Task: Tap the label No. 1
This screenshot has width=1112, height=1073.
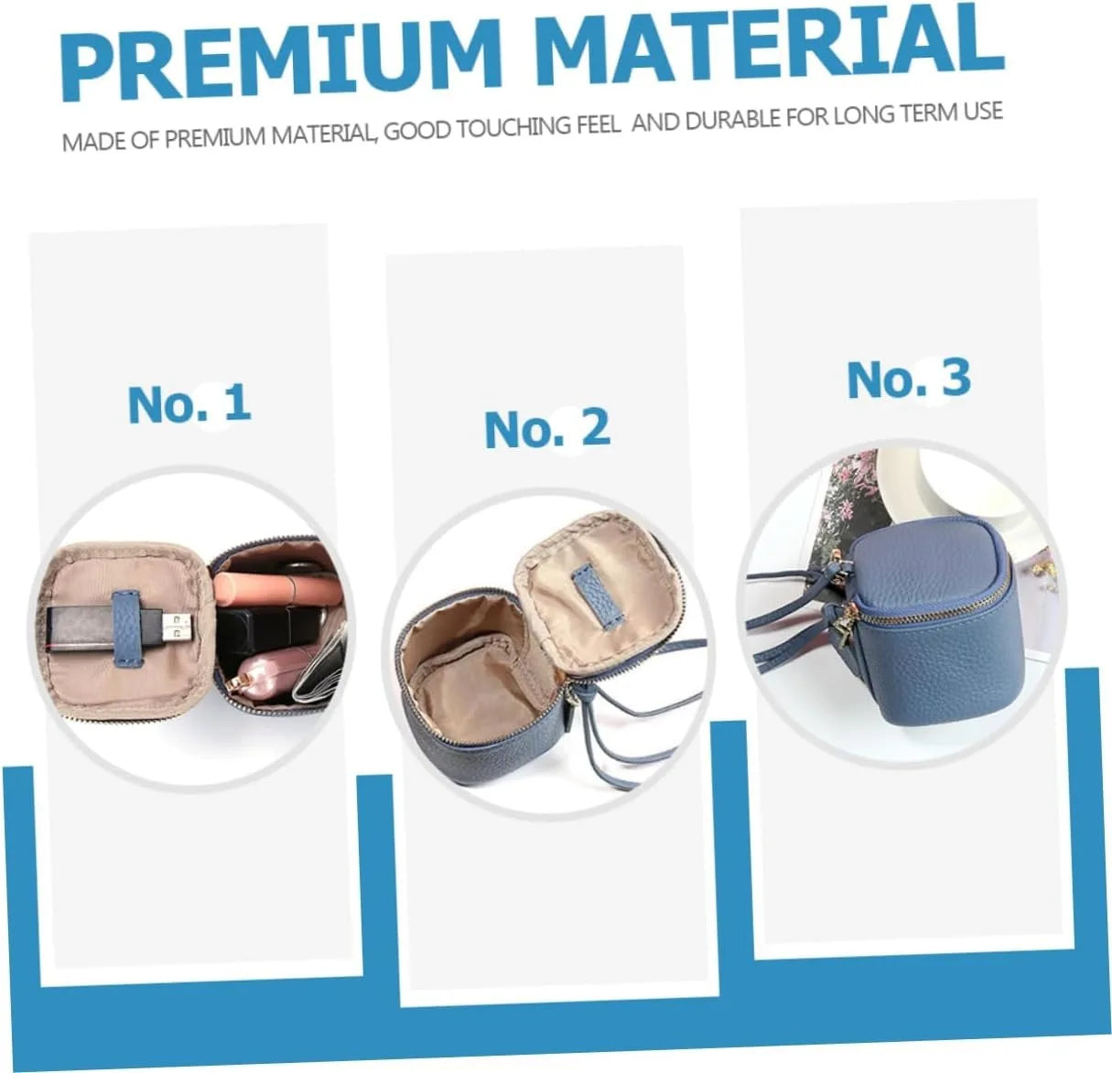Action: click(189, 403)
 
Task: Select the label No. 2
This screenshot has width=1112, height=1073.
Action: click(547, 428)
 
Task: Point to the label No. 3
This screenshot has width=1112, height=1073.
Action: click(909, 379)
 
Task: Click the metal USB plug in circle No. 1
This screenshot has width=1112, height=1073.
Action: click(178, 626)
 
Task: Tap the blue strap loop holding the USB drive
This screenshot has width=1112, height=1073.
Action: click(126, 628)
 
